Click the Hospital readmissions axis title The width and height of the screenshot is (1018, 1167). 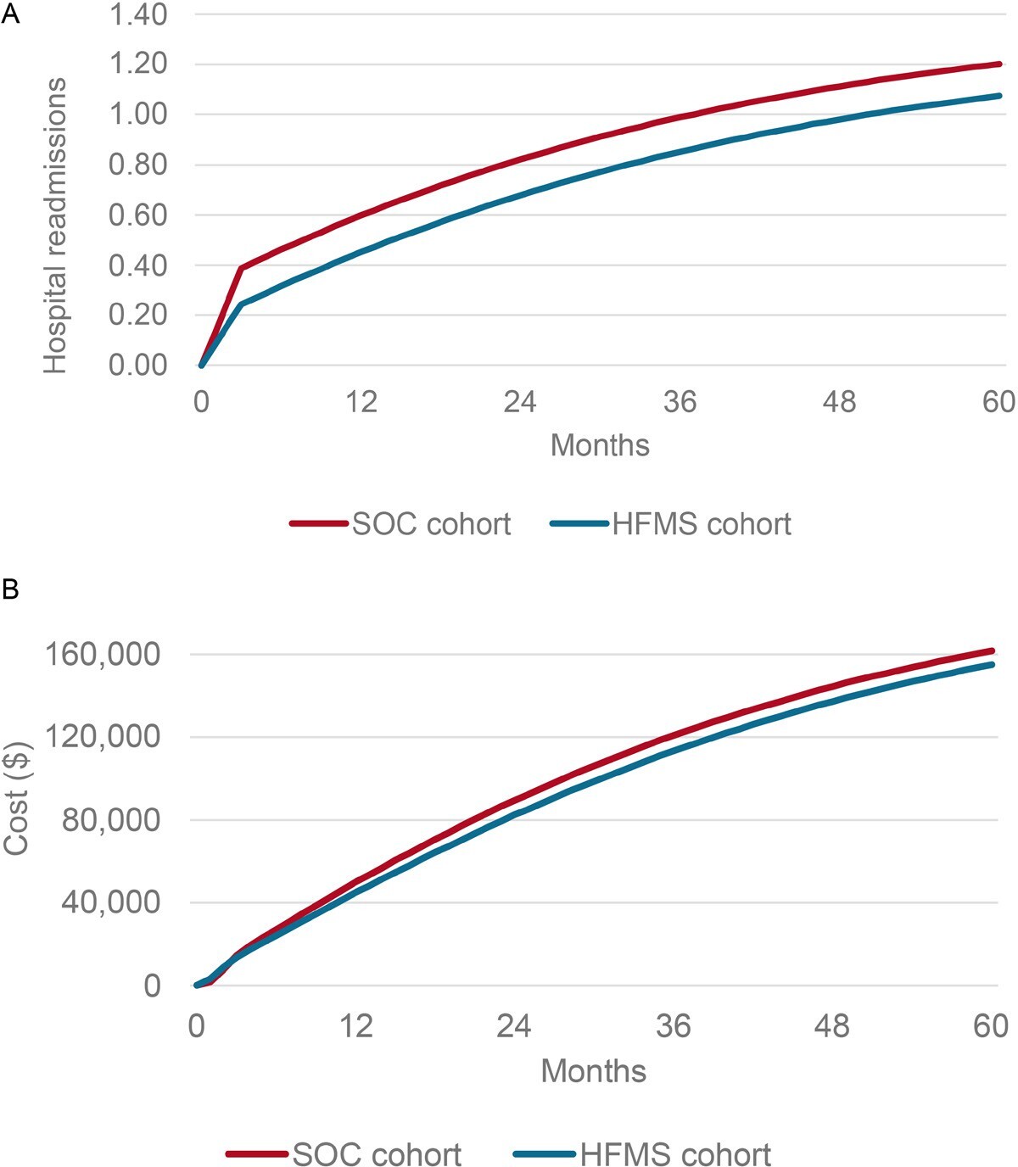(55, 226)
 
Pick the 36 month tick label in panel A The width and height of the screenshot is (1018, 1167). (680, 401)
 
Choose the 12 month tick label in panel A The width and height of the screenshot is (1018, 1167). (361, 401)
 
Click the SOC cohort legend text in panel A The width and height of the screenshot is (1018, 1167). (431, 524)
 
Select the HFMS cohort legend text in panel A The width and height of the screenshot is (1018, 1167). (702, 524)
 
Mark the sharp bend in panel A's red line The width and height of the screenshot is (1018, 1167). (242, 268)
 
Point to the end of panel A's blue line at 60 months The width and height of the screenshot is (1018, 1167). (999, 96)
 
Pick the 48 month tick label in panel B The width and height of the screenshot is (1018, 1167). (831, 1026)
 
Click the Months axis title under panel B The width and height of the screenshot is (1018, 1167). (594, 1070)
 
